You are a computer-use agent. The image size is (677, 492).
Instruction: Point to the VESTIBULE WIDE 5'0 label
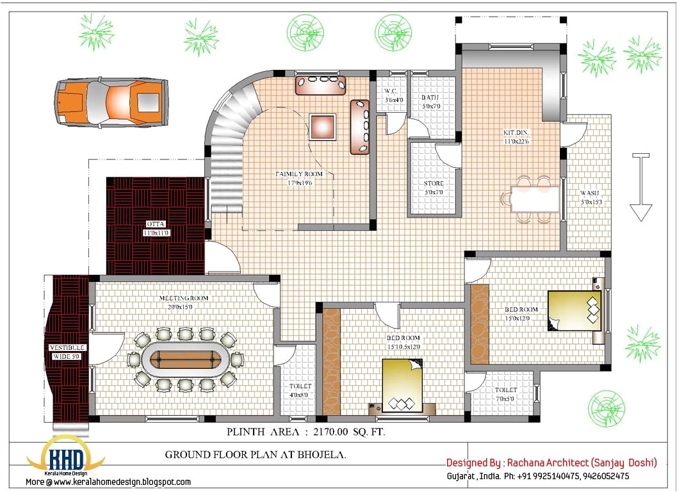point(67,352)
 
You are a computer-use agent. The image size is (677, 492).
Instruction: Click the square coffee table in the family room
point(322,127)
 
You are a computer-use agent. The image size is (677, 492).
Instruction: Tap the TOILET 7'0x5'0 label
point(506,394)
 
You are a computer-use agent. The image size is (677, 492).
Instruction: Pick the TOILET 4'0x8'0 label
point(300,390)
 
